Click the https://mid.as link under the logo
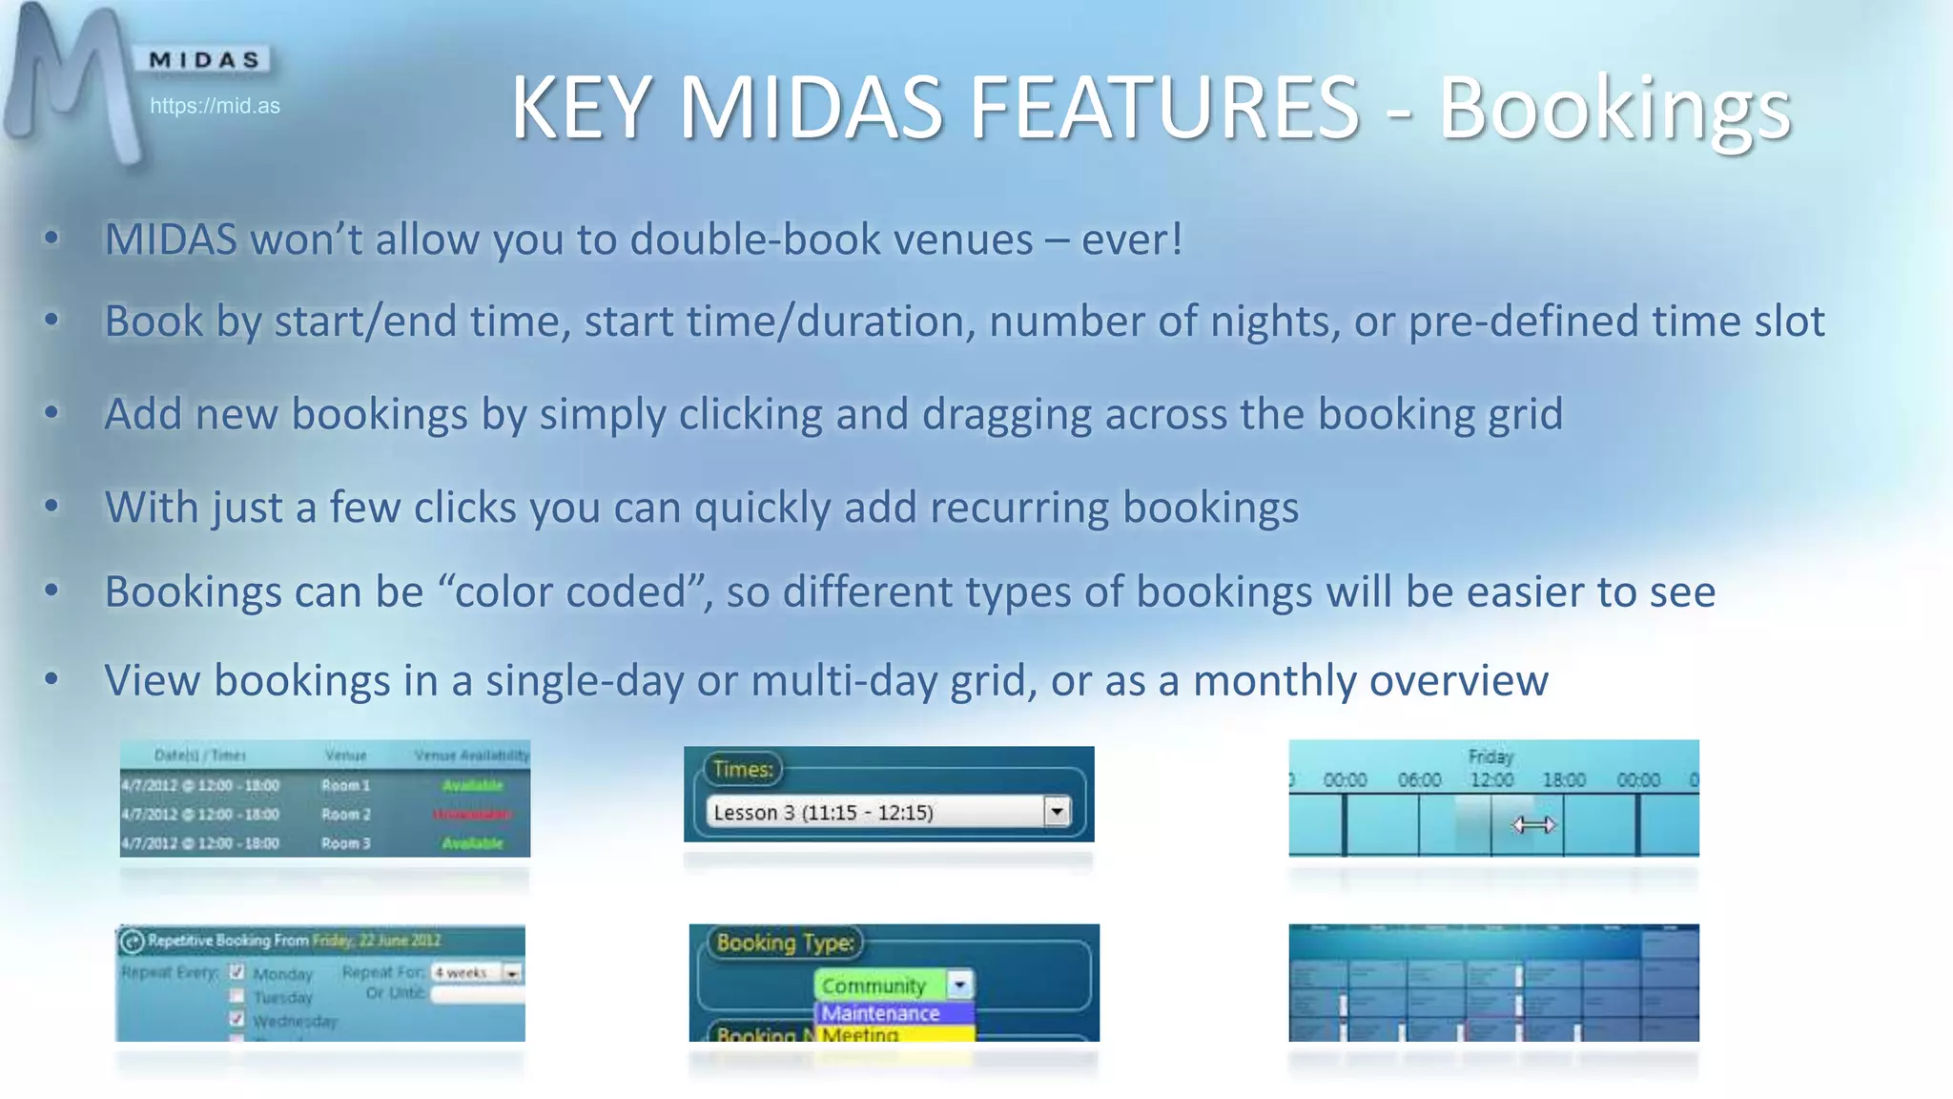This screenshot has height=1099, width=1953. (215, 106)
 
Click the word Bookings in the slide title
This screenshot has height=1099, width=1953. (1614, 109)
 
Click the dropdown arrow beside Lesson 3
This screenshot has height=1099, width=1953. (1057, 812)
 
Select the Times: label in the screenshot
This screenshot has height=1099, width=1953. (743, 769)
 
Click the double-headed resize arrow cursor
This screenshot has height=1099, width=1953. (1533, 825)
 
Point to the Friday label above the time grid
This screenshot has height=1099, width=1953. (1490, 757)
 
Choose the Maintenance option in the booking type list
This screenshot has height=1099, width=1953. (881, 1013)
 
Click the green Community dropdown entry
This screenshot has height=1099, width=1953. (874, 985)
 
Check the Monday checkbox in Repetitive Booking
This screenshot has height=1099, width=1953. (237, 972)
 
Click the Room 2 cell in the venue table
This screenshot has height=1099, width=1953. (345, 814)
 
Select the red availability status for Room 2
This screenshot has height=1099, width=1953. (472, 814)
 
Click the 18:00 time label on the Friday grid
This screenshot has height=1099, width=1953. (1564, 780)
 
